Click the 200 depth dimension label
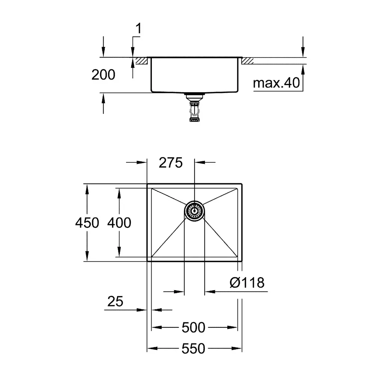tap(103, 75)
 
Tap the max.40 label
tap(276, 83)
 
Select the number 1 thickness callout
tap(138, 28)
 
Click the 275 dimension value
tap(171, 163)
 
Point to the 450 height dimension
tap(87, 223)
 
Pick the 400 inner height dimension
tap(119, 223)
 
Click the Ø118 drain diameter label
tap(247, 282)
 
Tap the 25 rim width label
tap(115, 301)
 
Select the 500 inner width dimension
tap(193, 327)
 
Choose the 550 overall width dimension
tap(193, 348)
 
